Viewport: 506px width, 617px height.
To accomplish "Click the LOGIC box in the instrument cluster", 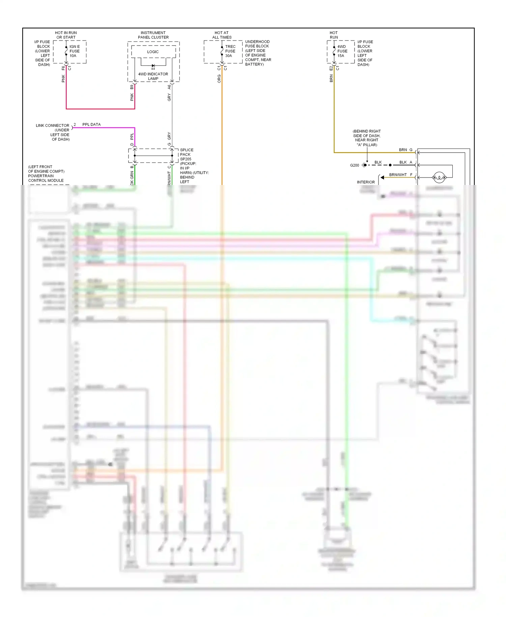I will point(153,52).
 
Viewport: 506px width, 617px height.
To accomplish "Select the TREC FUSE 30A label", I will point(230,51).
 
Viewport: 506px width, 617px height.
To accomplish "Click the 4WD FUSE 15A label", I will point(342,51).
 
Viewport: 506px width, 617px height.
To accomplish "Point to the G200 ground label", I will point(355,165).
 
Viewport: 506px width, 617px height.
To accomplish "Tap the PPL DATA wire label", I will point(91,125).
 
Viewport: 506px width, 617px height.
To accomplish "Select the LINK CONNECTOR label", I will point(53,126).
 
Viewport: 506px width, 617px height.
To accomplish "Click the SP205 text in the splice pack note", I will point(186,159).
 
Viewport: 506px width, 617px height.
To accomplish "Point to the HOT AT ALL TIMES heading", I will point(222,35).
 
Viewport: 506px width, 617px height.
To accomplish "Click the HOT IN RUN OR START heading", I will point(66,35).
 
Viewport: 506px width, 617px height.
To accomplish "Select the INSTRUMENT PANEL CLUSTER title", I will point(153,35).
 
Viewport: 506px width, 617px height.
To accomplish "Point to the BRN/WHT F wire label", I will point(400,175).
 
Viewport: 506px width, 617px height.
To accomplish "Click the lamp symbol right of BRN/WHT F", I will point(439,177).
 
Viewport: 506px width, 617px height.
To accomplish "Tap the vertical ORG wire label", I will point(219,79).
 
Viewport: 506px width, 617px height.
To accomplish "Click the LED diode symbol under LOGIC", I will point(153,66).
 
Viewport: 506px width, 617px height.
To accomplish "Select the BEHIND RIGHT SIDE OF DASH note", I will point(367,138).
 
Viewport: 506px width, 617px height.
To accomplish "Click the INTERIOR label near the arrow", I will point(366,182).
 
